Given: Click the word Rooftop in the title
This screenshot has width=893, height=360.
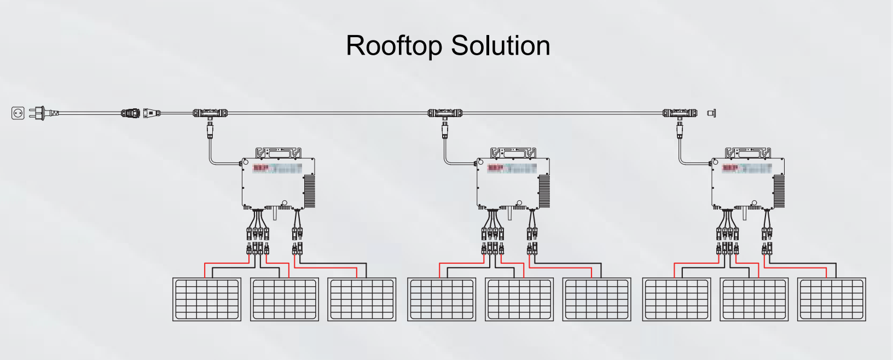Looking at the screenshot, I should click(x=393, y=45).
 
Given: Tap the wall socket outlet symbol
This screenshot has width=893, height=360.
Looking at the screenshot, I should click(x=18, y=113).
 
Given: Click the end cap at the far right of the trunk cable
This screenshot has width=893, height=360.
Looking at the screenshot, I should click(x=711, y=113).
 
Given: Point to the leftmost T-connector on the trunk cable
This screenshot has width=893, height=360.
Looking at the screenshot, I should click(x=210, y=114).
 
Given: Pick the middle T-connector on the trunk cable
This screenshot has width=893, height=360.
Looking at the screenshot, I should click(x=445, y=114).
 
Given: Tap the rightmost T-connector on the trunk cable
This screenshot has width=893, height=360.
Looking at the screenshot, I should click(x=680, y=114).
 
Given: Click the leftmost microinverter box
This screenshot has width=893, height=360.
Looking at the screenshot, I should click(x=274, y=183).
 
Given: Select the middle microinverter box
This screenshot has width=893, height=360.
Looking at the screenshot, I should click(x=509, y=183).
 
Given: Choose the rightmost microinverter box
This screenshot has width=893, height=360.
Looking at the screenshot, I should click(x=744, y=183).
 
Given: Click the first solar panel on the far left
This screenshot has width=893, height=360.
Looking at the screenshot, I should click(x=207, y=299).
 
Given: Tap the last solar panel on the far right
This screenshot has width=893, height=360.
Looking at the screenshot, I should click(x=832, y=299).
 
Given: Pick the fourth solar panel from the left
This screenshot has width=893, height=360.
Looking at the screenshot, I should click(x=442, y=299).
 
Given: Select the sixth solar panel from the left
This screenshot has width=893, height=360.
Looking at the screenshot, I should click(x=597, y=299).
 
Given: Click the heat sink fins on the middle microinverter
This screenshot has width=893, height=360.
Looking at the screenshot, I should click(x=544, y=191).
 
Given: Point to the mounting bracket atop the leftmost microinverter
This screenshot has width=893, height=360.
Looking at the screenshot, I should click(x=280, y=153).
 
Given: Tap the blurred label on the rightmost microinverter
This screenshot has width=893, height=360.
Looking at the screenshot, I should click(x=747, y=169).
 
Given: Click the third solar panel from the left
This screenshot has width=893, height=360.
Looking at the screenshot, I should click(x=362, y=299).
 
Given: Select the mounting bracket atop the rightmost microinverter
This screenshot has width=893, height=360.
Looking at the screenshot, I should click(x=749, y=153).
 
